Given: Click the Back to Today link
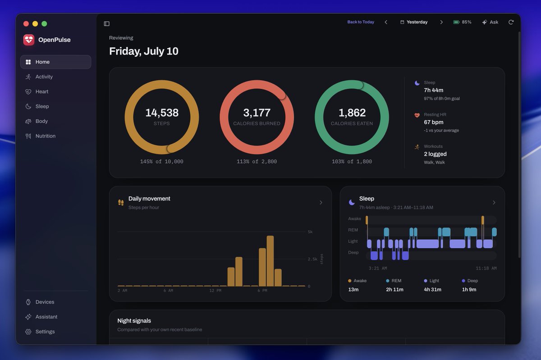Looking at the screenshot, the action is (x=361, y=22).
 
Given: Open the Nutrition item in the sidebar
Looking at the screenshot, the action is (x=46, y=136).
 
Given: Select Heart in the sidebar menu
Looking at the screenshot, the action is (x=42, y=91).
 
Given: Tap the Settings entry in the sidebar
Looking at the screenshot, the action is (x=45, y=332).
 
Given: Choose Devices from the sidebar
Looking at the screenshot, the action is (x=45, y=302).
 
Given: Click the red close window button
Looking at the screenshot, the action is (x=26, y=24).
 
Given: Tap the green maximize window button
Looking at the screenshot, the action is (x=44, y=24).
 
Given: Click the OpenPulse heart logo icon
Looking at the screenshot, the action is (x=29, y=40).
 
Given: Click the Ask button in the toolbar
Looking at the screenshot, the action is (x=490, y=22).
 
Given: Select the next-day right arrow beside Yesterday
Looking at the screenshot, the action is (x=441, y=22).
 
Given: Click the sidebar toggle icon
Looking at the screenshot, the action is (x=106, y=23).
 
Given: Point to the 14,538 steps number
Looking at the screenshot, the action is (x=162, y=113).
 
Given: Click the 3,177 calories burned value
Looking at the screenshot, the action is (x=257, y=113).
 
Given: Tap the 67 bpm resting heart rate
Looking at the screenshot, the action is (x=434, y=122).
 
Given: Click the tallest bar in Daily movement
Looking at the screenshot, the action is (x=270, y=261).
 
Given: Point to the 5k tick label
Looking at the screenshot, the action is (x=310, y=232).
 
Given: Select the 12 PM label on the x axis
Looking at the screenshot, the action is (x=215, y=291).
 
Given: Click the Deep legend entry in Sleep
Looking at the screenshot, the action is (x=470, y=281).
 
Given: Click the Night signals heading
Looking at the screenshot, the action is (x=134, y=321).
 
